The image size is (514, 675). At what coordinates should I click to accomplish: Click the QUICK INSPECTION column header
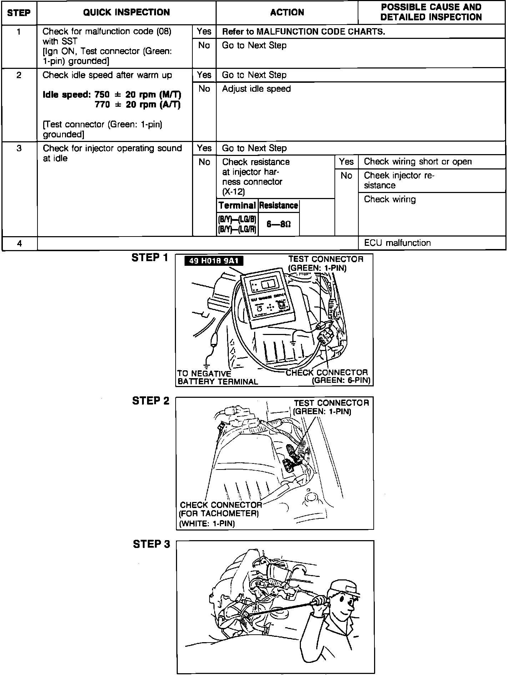click(126, 12)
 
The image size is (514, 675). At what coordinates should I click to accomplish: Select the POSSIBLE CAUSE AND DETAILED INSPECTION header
click(431, 12)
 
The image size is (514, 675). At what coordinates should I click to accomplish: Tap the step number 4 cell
click(19, 243)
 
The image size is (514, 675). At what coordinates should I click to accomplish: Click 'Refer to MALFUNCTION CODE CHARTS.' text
click(303, 32)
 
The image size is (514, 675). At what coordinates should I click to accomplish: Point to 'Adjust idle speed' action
click(256, 89)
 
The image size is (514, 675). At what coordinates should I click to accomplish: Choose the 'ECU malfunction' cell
click(397, 243)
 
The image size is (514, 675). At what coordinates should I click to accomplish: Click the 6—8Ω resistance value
click(278, 224)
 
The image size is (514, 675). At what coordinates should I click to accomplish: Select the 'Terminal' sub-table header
click(237, 205)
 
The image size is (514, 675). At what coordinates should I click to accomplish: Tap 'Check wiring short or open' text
click(418, 162)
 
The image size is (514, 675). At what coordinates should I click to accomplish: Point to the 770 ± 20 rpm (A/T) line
click(138, 105)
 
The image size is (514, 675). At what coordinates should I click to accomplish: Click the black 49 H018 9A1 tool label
click(213, 261)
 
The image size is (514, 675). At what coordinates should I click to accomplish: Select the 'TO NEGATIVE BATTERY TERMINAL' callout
click(217, 377)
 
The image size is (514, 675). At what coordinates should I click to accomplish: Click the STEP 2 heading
click(151, 401)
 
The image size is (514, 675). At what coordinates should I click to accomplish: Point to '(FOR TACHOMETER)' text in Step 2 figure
click(218, 514)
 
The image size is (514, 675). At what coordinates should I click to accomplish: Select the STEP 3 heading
click(151, 544)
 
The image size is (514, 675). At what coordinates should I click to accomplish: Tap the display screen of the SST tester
click(267, 284)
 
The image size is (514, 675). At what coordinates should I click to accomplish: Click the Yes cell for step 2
click(204, 75)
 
